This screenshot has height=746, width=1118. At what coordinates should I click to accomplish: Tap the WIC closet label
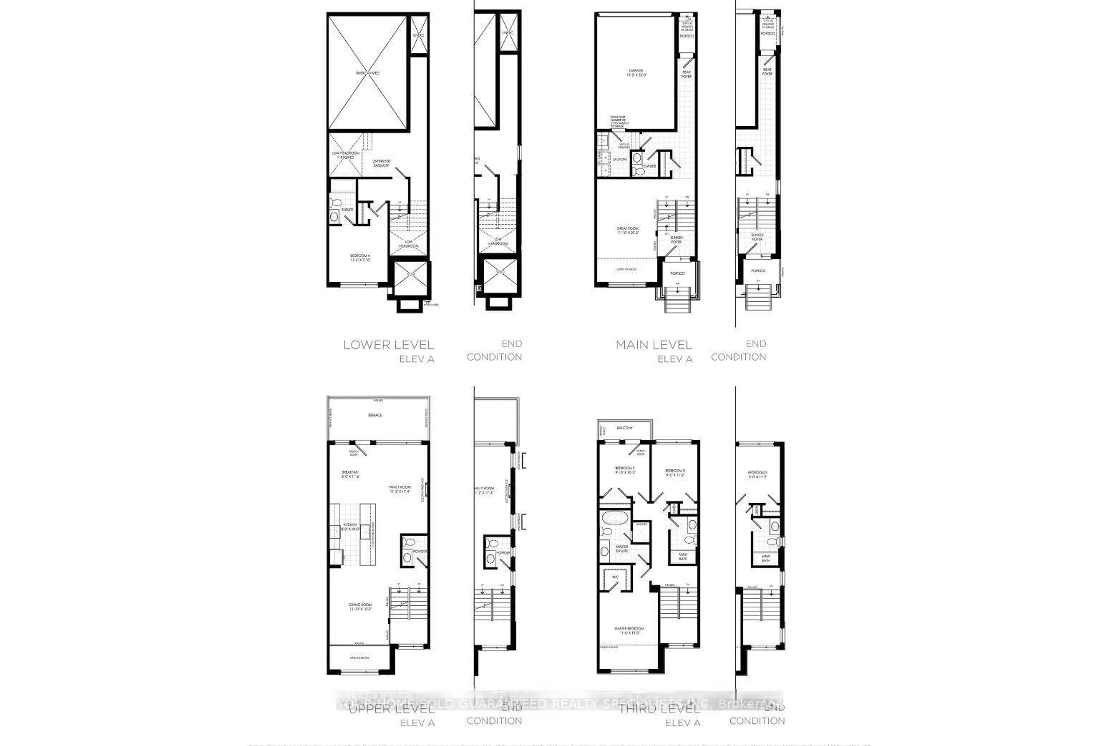pyautogui.click(x=615, y=578)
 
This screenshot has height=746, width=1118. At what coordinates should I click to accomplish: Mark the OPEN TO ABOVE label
pyautogui.click(x=627, y=270)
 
